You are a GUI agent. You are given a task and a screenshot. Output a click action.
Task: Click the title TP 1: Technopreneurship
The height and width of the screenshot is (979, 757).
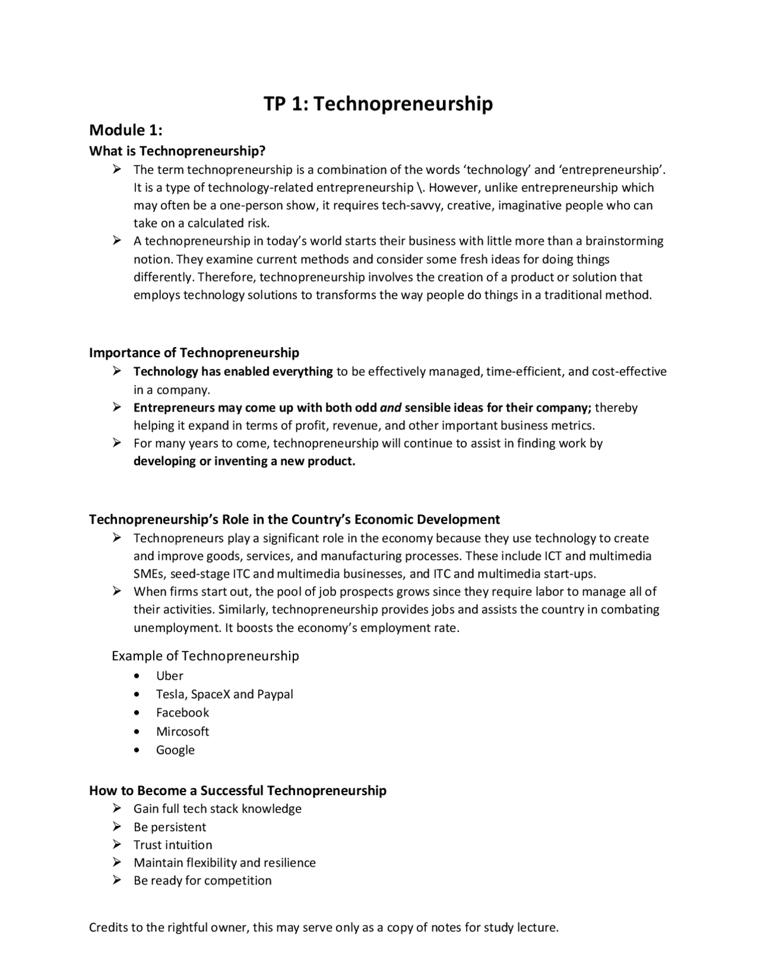pos(378,104)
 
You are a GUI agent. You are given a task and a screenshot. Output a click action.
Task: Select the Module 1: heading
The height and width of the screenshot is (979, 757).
pos(125,130)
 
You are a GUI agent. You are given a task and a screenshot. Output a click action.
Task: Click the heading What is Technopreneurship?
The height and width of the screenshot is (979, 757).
pos(177,151)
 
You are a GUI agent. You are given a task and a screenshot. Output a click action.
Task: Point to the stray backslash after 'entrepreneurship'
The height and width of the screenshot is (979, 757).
pos(419,188)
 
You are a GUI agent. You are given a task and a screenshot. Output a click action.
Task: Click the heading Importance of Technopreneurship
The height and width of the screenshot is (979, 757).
pos(194,353)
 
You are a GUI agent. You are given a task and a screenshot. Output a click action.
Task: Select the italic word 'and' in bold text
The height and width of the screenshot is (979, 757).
pos(390,408)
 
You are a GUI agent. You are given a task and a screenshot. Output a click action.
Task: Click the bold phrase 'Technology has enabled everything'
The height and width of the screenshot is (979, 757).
pos(233,372)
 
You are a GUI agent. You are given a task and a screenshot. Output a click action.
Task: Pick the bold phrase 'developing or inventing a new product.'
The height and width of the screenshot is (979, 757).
pos(244,462)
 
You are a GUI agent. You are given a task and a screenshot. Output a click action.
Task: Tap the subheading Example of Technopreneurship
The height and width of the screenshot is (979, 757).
pos(205,656)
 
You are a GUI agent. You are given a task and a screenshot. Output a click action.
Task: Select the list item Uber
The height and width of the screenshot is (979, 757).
pos(170,676)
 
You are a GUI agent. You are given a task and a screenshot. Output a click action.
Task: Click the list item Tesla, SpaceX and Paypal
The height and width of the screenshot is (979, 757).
pos(225,695)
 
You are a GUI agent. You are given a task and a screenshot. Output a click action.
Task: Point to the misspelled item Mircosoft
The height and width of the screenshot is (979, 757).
pos(183,732)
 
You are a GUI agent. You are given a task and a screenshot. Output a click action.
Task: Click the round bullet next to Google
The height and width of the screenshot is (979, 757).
pos(138,750)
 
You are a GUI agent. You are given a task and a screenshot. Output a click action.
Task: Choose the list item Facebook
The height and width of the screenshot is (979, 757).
pos(183,713)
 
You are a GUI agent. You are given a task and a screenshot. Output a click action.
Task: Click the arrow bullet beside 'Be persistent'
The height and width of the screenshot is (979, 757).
pos(117,827)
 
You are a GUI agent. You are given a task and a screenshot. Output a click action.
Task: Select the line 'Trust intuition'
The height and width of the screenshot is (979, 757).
pos(173,845)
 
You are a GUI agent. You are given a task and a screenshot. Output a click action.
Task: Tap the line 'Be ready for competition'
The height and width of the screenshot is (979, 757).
pos(202,881)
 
